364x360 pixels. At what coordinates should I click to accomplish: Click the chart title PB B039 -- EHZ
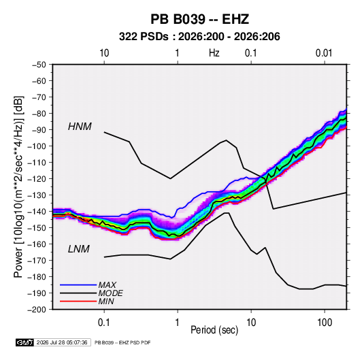[199, 19]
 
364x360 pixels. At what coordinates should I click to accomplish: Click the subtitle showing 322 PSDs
[199, 37]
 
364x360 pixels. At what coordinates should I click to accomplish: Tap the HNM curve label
[80, 127]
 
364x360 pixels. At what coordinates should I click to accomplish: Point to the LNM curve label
[79, 249]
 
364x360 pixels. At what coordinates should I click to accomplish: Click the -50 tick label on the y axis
[39, 65]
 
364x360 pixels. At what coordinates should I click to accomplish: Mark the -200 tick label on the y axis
[37, 310]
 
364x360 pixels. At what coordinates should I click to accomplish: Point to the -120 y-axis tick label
[37, 179]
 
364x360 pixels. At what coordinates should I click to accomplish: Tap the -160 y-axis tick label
[37, 244]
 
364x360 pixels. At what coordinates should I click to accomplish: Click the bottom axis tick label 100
[325, 323]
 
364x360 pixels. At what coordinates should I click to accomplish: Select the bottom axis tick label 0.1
[103, 323]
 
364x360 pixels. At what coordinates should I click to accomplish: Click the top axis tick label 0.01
[324, 53]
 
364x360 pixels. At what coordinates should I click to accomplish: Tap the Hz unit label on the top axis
[214, 53]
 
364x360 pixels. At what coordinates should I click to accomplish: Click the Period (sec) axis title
[214, 330]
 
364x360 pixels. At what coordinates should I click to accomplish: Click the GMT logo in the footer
[24, 342]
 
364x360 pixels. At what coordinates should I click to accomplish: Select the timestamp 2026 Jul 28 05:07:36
[62, 342]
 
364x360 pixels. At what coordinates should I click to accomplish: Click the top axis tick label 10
[104, 53]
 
